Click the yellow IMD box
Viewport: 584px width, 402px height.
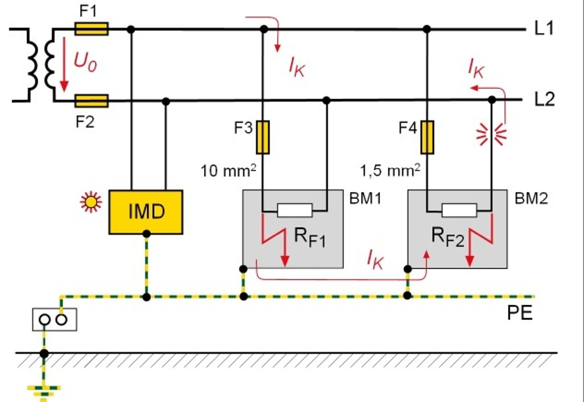click(x=146, y=212)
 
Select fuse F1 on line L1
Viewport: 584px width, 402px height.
click(x=91, y=29)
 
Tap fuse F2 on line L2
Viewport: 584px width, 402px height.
click(x=91, y=101)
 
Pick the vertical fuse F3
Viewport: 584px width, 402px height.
click(x=263, y=137)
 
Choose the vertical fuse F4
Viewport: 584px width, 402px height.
click(x=427, y=137)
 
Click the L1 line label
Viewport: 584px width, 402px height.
click(x=544, y=28)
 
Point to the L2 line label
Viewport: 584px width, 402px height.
click(x=544, y=99)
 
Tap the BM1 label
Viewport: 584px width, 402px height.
click(x=365, y=199)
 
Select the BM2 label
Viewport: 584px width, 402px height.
click(x=531, y=199)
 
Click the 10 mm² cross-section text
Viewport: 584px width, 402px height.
click(x=228, y=171)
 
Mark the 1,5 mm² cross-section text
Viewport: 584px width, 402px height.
click(x=390, y=171)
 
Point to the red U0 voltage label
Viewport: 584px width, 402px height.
click(x=85, y=62)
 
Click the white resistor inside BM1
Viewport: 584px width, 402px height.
click(x=295, y=210)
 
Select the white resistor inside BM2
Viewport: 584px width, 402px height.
click(x=459, y=210)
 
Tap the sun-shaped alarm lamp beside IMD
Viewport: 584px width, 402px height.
click(x=91, y=202)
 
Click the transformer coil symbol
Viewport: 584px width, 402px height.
click(x=41, y=64)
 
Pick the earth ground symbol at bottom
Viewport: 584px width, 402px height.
click(x=44, y=391)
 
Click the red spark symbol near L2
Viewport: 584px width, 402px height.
click(x=491, y=134)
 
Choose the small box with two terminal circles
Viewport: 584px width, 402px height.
click(x=54, y=319)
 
